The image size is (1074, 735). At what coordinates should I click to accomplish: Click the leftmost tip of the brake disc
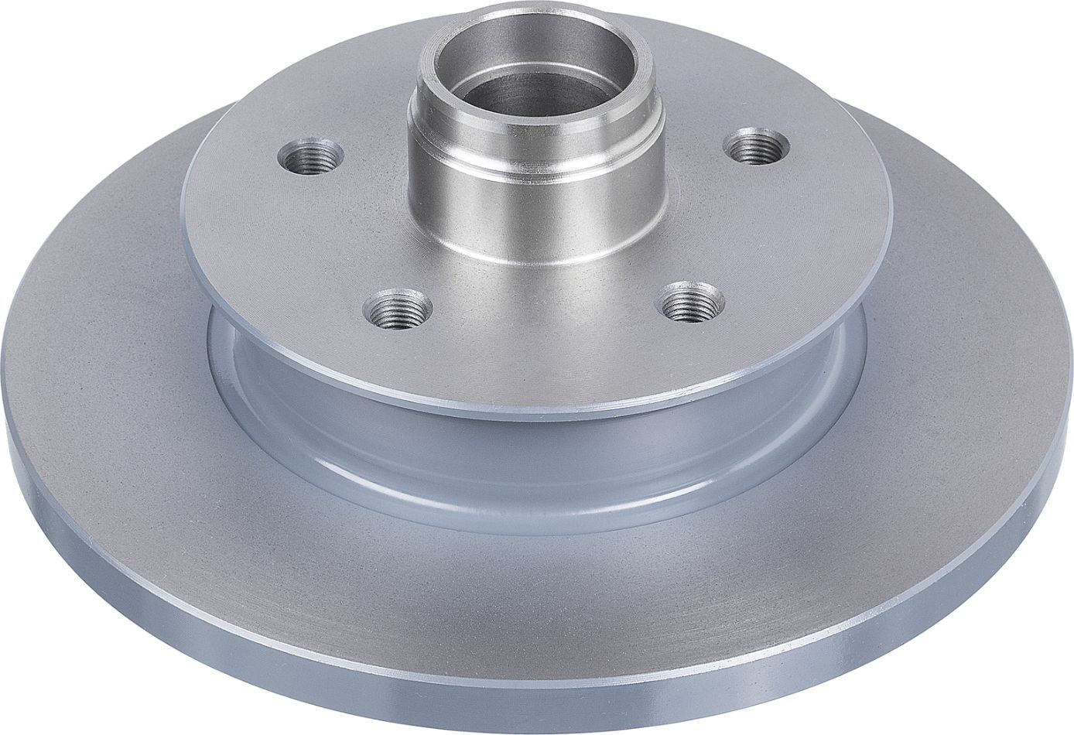pos(4,433)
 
